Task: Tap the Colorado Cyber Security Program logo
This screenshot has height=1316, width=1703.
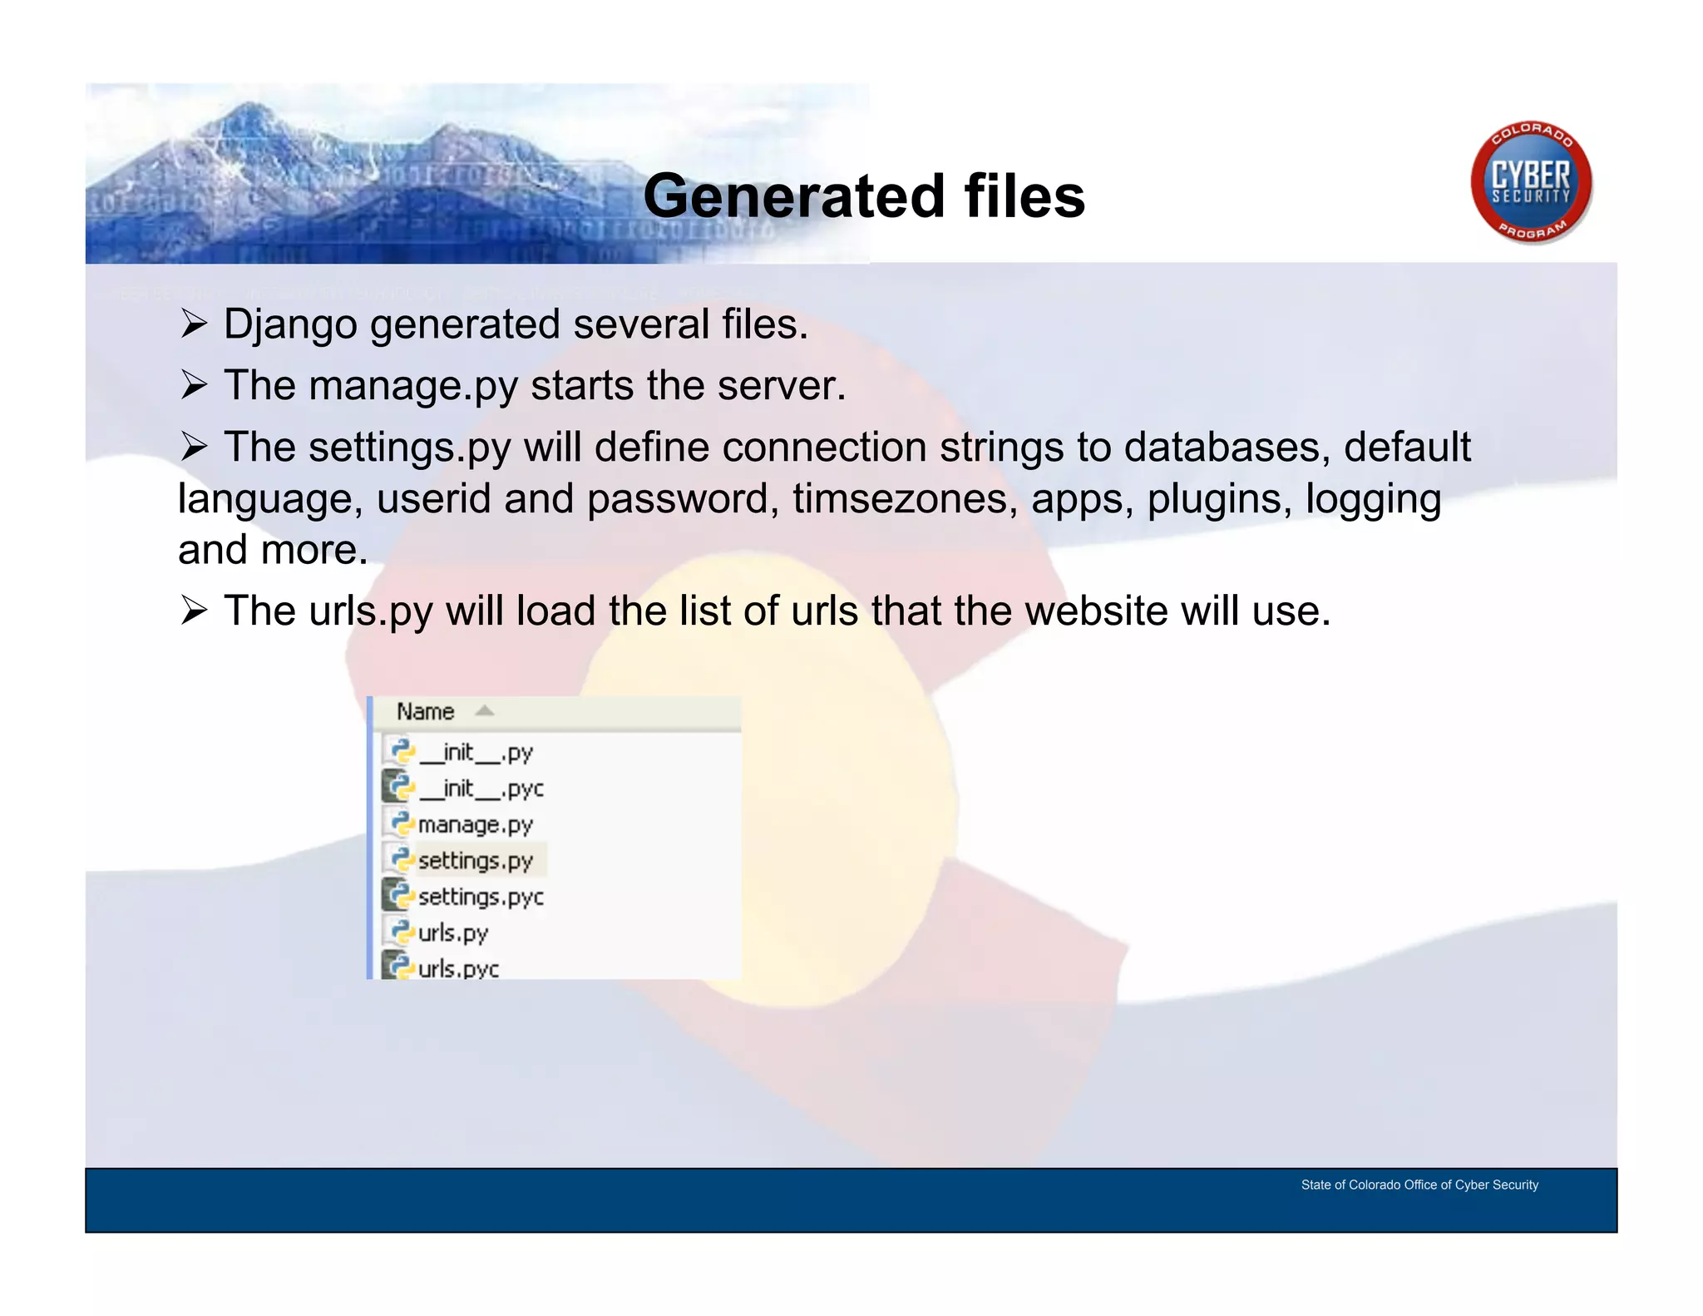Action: [1530, 183]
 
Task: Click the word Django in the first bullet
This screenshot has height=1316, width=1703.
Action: [289, 324]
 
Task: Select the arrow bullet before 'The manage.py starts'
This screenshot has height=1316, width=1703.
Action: [194, 385]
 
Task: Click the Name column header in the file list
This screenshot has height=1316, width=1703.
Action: [425, 712]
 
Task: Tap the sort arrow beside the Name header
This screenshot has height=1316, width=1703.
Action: [484, 711]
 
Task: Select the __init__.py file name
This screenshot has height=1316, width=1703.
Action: [476, 753]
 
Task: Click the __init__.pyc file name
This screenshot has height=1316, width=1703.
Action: [481, 789]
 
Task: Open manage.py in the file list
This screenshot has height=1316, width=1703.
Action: [475, 825]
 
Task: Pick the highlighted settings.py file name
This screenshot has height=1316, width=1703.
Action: [475, 861]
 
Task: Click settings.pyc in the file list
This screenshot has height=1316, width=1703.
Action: [481, 898]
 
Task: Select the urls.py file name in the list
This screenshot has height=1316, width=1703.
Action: [452, 933]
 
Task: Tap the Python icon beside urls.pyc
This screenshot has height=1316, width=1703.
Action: [397, 966]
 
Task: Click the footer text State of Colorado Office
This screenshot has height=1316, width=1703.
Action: [1419, 1185]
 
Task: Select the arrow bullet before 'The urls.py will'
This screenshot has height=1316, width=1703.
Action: [194, 611]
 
